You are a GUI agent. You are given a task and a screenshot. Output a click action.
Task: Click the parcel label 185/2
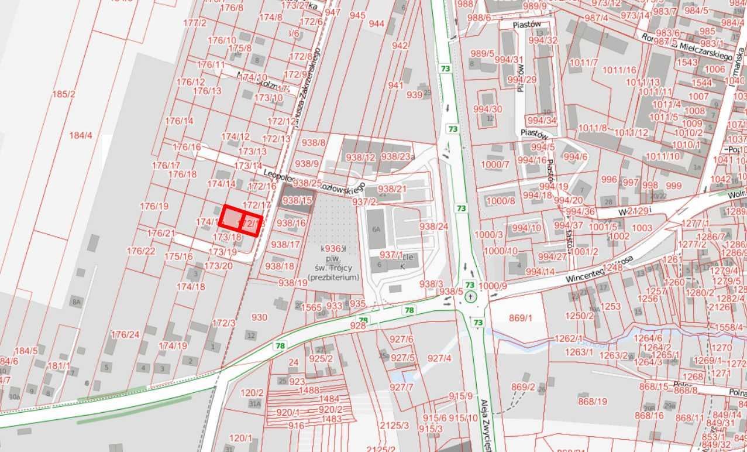(64, 94)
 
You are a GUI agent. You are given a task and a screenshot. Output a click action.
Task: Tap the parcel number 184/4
(81, 135)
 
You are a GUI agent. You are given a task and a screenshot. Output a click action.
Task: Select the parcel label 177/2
(195, 23)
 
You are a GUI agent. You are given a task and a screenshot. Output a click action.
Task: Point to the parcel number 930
(259, 317)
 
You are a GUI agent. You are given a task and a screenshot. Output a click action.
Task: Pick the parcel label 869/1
(521, 318)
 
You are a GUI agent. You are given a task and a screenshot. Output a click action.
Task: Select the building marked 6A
(376, 229)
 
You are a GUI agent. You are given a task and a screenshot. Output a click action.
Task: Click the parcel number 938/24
(433, 226)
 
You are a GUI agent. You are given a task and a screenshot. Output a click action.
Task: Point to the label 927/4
(439, 358)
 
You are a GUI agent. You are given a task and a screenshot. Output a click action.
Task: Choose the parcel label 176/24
(125, 335)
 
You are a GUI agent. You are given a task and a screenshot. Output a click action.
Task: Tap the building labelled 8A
(76, 302)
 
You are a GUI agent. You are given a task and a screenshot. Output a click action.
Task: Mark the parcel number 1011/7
(583, 63)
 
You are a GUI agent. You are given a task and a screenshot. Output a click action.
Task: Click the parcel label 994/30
(487, 109)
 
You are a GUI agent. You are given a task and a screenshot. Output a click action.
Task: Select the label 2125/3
(394, 425)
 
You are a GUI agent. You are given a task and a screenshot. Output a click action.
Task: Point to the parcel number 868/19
(593, 401)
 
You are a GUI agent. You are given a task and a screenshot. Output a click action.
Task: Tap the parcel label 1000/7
(495, 164)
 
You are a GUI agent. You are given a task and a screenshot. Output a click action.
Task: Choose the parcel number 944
(377, 23)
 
